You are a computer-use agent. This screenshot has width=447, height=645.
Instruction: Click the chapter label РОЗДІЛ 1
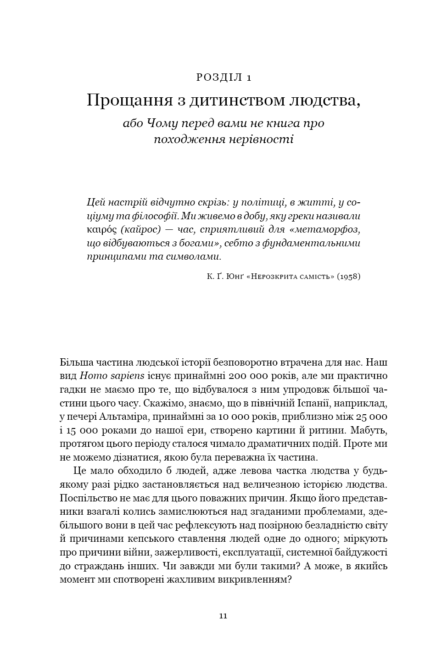pos(223,77)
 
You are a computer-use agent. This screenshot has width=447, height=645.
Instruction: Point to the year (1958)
pos(349,277)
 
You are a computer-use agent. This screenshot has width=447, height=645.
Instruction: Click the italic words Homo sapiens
pos(112,376)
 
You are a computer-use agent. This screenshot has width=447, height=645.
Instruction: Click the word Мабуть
pos(373,431)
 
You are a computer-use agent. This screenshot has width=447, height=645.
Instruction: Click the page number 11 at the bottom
pos(223,616)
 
